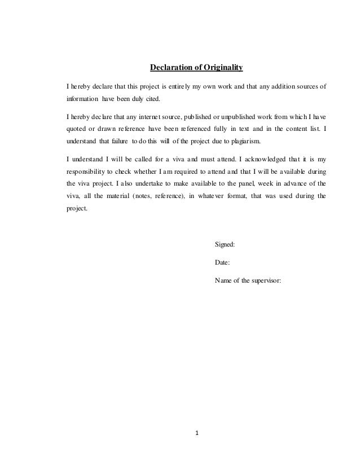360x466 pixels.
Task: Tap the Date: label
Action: [x=223, y=262]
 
